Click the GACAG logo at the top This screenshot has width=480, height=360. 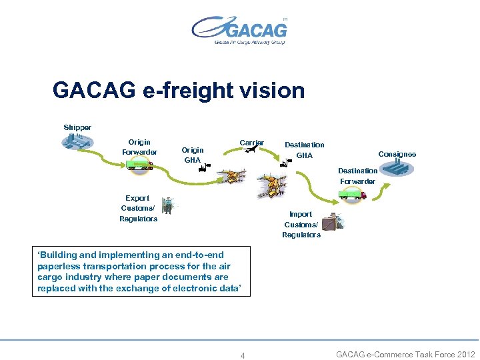[240, 30]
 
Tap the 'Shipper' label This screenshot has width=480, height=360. [77, 127]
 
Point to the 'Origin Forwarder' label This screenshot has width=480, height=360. [139, 147]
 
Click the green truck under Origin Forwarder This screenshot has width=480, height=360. [140, 164]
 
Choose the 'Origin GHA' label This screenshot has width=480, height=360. [193, 155]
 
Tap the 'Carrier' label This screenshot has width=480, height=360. [252, 143]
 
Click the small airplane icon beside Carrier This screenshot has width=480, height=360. [251, 151]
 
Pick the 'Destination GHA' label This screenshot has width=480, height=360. [304, 150]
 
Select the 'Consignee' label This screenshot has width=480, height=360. [397, 154]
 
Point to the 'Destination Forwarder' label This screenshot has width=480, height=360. [358, 176]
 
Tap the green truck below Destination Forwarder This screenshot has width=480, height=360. [353, 194]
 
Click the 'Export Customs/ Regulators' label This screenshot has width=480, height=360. [138, 208]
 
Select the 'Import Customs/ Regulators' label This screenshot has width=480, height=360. [301, 225]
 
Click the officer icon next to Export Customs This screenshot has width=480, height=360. [167, 206]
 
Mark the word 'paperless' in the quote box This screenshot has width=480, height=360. [61, 266]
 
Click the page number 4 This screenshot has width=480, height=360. [243, 355]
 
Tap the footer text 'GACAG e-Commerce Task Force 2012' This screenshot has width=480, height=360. [405, 355]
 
